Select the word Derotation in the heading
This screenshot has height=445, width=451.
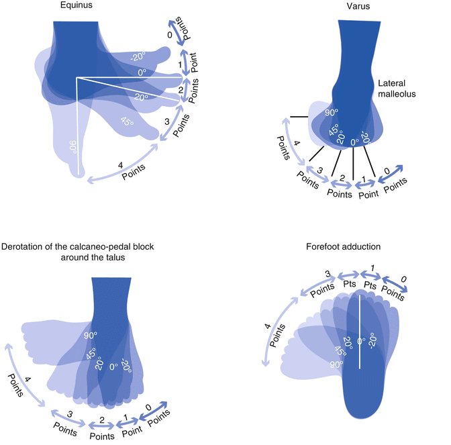(26, 247)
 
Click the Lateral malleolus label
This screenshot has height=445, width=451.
(397, 88)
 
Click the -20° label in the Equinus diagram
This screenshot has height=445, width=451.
(138, 57)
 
